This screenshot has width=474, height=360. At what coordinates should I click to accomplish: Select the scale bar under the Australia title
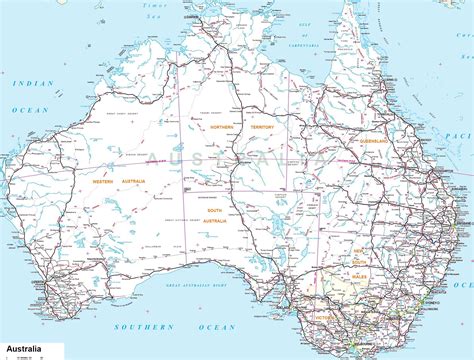[x=30, y=355]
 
